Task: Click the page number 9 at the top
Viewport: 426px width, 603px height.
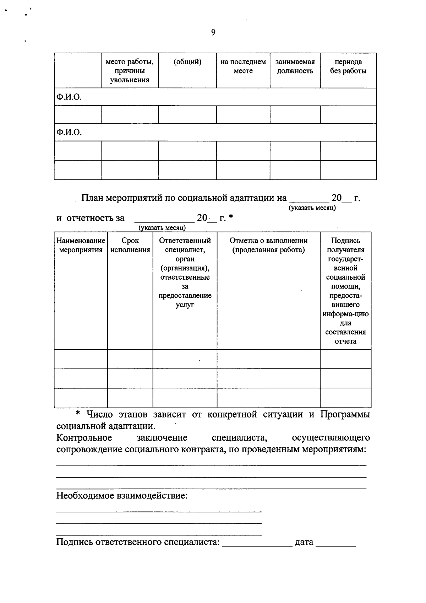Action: pyautogui.click(x=213, y=33)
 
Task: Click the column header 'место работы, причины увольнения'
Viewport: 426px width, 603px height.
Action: pyautogui.click(x=130, y=71)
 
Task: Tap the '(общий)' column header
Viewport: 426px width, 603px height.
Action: pyautogui.click(x=187, y=62)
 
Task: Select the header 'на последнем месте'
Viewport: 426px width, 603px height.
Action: pyautogui.click(x=243, y=66)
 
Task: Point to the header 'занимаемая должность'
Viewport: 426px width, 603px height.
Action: pyautogui.click(x=295, y=66)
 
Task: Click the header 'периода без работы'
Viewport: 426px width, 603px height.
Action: pyautogui.click(x=348, y=66)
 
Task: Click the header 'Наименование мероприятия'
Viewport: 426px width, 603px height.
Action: pyautogui.click(x=81, y=245)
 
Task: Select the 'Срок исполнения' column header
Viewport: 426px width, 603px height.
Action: pyautogui.click(x=130, y=245)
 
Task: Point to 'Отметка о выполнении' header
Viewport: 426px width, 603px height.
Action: pyautogui.click(x=268, y=241)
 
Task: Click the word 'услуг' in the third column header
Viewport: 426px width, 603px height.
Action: pyautogui.click(x=185, y=305)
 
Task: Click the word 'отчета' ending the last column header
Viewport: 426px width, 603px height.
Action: pyautogui.click(x=345, y=341)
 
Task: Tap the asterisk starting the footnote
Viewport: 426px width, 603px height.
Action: pyautogui.click(x=79, y=414)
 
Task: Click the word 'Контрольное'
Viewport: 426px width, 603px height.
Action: pyautogui.click(x=84, y=438)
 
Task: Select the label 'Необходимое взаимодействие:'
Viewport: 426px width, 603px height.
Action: pyautogui.click(x=122, y=495)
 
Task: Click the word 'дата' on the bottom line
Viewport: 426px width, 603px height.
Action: pyautogui.click(x=304, y=542)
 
